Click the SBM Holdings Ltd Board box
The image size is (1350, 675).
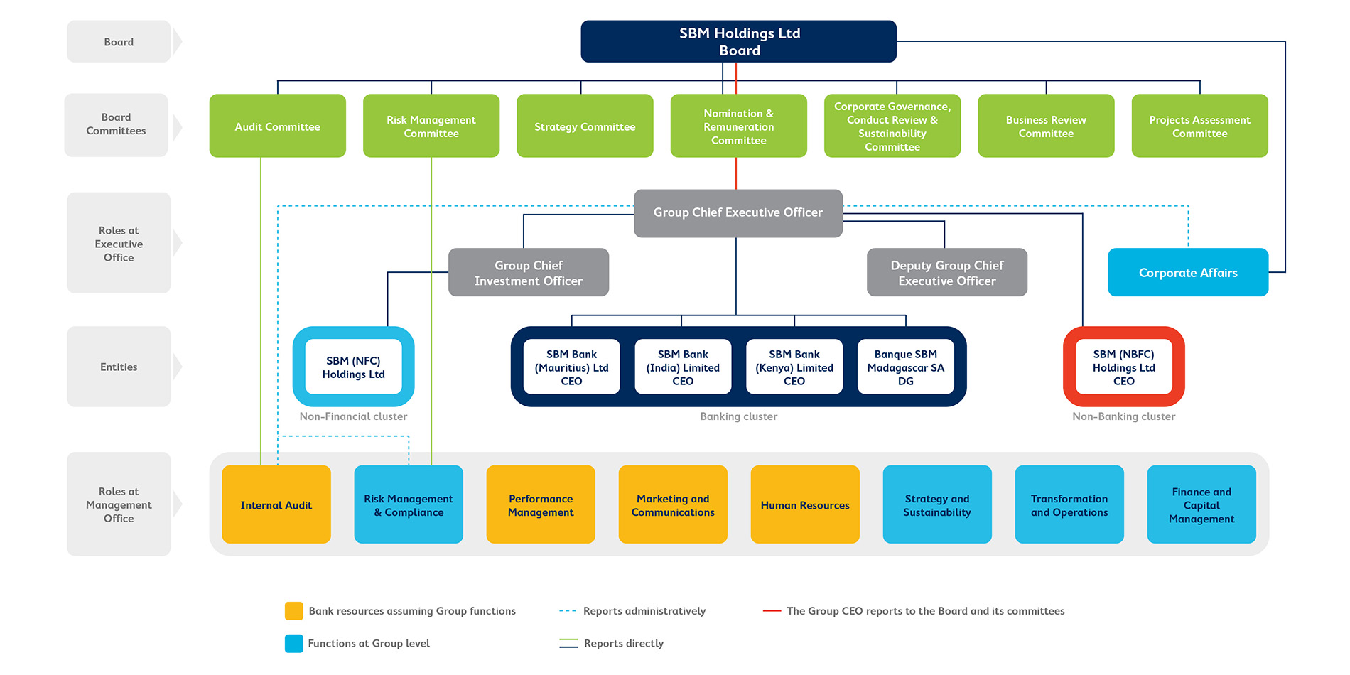tap(738, 41)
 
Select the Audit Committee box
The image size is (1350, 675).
tap(277, 126)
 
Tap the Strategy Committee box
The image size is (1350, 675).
tap(584, 126)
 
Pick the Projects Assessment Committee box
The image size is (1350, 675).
tap(1199, 126)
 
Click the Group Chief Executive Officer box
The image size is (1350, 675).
tap(738, 212)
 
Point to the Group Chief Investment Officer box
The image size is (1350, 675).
tap(528, 272)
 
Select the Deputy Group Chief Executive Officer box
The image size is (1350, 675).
tap(946, 272)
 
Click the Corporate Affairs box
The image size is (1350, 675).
tap(1187, 272)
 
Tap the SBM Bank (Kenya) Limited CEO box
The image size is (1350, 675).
tap(794, 367)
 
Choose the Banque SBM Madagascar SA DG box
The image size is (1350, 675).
tap(905, 367)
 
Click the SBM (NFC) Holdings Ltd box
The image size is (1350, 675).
tap(353, 367)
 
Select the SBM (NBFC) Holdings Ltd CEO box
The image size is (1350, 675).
tap(1123, 367)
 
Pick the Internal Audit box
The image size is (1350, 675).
tap(276, 504)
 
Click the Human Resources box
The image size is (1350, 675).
tap(804, 504)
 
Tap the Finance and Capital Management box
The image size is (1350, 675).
tap(1201, 504)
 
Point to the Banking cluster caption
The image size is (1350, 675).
tap(738, 416)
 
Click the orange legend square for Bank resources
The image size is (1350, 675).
tap(293, 611)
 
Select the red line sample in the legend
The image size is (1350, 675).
tap(771, 611)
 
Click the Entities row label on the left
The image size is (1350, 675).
tap(119, 367)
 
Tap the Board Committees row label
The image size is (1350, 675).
tap(116, 124)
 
